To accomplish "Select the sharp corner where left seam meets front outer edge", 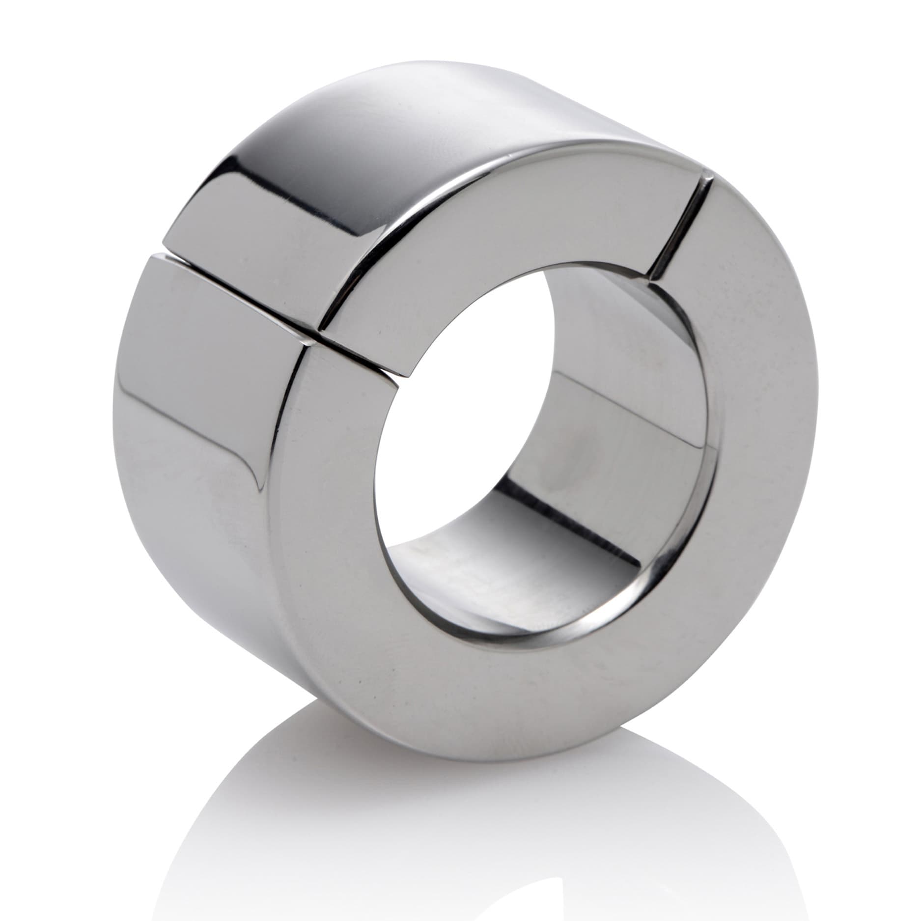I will pyautogui.click(x=309, y=346).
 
